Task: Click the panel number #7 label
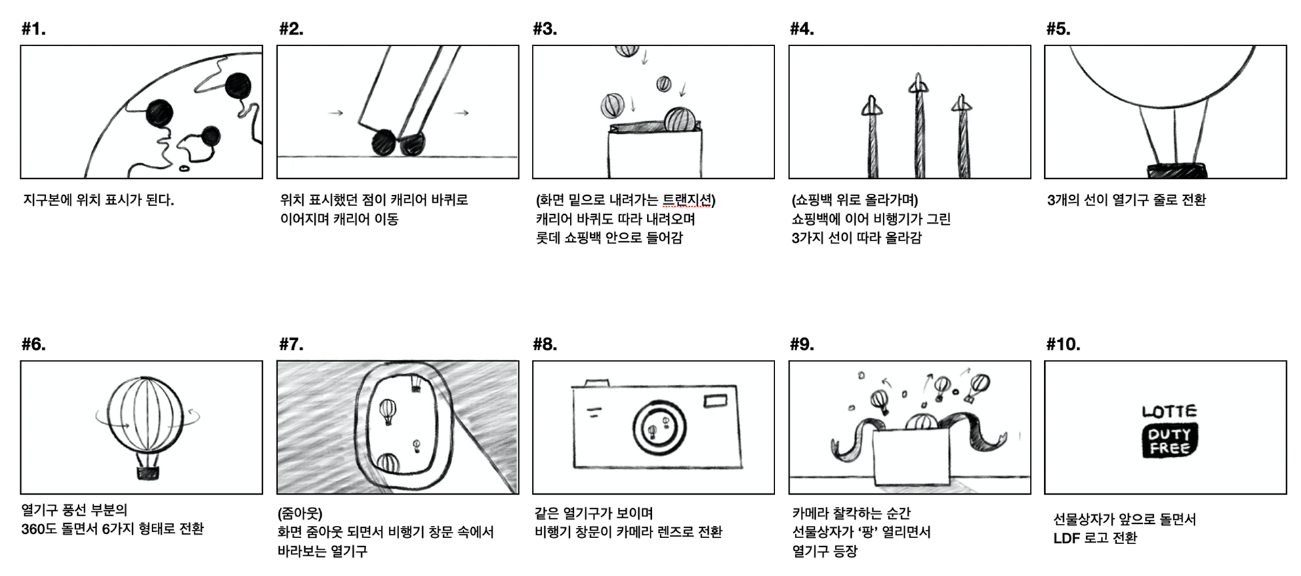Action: [291, 344]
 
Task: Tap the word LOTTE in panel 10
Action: [1169, 411]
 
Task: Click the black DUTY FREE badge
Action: [1170, 441]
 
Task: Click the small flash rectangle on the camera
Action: [715, 401]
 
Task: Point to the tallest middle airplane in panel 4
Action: [918, 125]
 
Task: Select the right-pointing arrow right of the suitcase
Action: [461, 112]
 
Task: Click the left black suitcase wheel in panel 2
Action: [384, 143]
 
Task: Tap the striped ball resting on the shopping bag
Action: [678, 120]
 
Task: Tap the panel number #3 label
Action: [545, 29]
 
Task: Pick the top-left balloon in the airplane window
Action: [388, 411]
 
